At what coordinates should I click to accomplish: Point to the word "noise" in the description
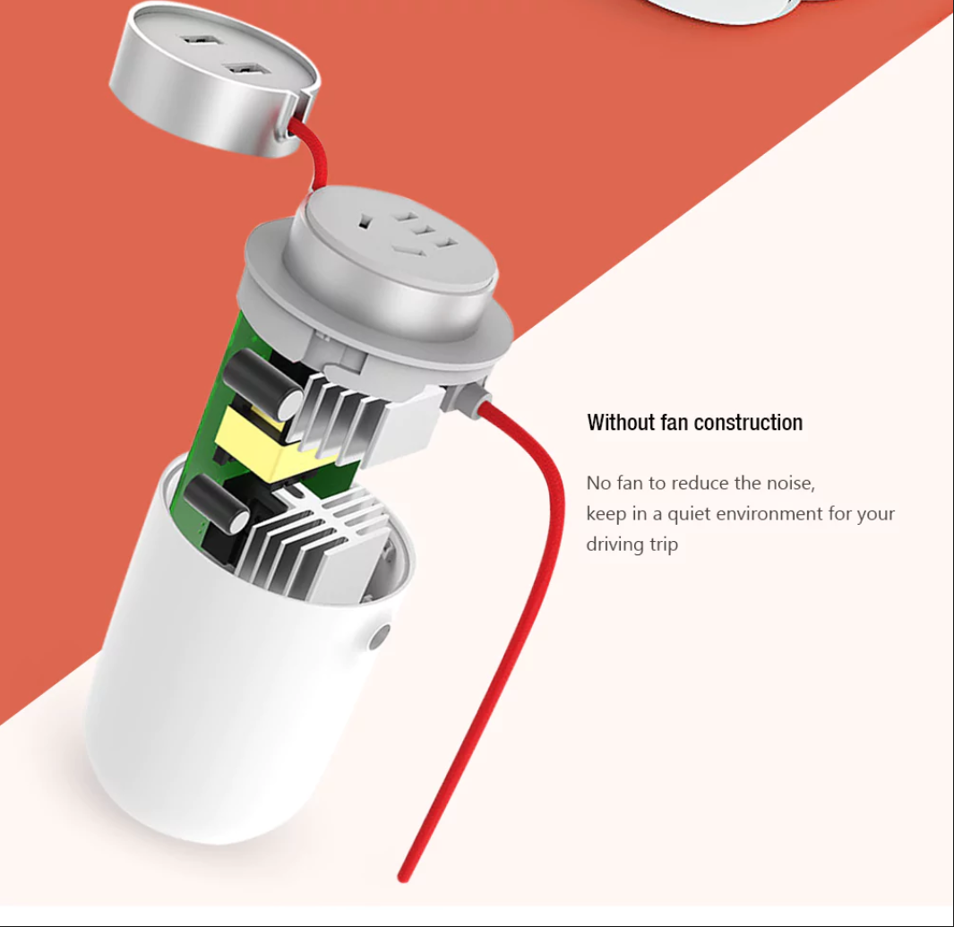(x=790, y=484)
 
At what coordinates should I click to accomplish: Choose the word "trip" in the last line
(x=664, y=545)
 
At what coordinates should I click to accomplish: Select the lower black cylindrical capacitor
(x=215, y=504)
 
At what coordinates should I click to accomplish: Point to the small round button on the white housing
(x=379, y=637)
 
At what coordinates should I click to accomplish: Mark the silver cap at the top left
(x=214, y=79)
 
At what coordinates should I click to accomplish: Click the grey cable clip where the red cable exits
(x=468, y=399)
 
